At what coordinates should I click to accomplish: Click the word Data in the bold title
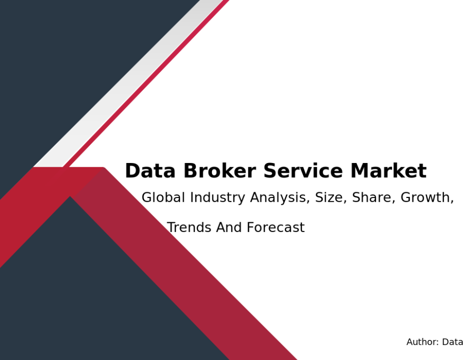tap(150, 171)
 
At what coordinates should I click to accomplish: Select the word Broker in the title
tap(220, 171)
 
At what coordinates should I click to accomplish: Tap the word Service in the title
tap(303, 171)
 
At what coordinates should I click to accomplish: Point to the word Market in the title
tap(388, 171)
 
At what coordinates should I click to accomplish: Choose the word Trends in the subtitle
tap(189, 227)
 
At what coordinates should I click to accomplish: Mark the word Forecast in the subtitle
tap(276, 227)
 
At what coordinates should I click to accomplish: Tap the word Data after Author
tap(452, 342)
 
